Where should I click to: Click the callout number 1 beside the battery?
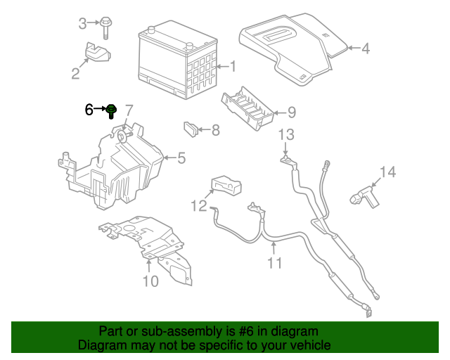(x=233, y=67)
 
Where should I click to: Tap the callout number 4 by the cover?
(x=365, y=49)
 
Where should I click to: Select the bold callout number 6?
(x=89, y=110)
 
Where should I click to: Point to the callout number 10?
(x=150, y=282)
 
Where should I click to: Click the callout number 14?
(x=388, y=172)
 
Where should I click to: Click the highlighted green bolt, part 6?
(x=111, y=110)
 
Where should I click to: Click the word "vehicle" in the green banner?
(x=308, y=345)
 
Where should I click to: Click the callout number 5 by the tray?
(x=181, y=158)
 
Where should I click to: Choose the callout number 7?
(x=129, y=110)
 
